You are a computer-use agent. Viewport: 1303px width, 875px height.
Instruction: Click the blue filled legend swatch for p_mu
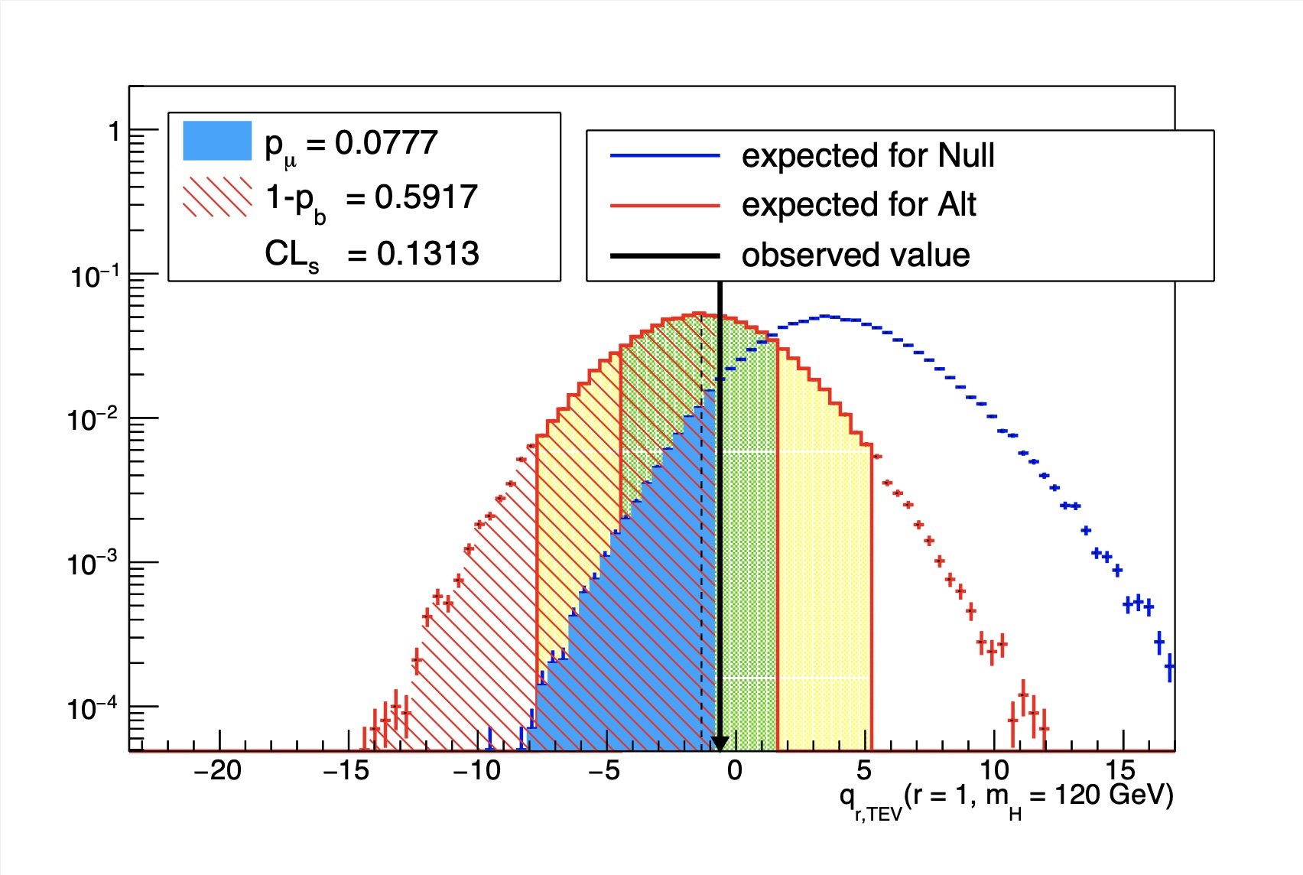(x=217, y=141)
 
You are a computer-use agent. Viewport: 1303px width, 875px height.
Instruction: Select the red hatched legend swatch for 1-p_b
(x=217, y=197)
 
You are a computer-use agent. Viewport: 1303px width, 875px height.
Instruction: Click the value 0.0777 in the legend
(x=386, y=143)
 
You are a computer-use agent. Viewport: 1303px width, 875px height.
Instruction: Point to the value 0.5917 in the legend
(x=426, y=197)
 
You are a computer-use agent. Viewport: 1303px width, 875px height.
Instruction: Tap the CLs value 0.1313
(x=427, y=254)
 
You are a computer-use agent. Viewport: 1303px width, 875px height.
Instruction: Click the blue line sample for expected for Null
(x=664, y=156)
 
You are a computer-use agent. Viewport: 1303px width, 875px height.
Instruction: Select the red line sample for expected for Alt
(x=664, y=206)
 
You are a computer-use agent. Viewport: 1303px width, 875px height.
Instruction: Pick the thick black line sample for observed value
(x=664, y=255)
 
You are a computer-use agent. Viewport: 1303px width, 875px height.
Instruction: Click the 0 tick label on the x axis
(x=735, y=771)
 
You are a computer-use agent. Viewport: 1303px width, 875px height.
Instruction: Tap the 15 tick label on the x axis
(x=1120, y=771)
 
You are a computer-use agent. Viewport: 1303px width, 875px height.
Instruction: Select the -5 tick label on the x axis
(x=604, y=771)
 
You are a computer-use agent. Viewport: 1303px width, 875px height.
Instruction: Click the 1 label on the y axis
(x=114, y=132)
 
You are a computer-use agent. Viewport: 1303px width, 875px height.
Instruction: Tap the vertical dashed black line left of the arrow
(x=702, y=535)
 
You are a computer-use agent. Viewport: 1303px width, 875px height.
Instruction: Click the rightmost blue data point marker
(x=1169, y=668)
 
